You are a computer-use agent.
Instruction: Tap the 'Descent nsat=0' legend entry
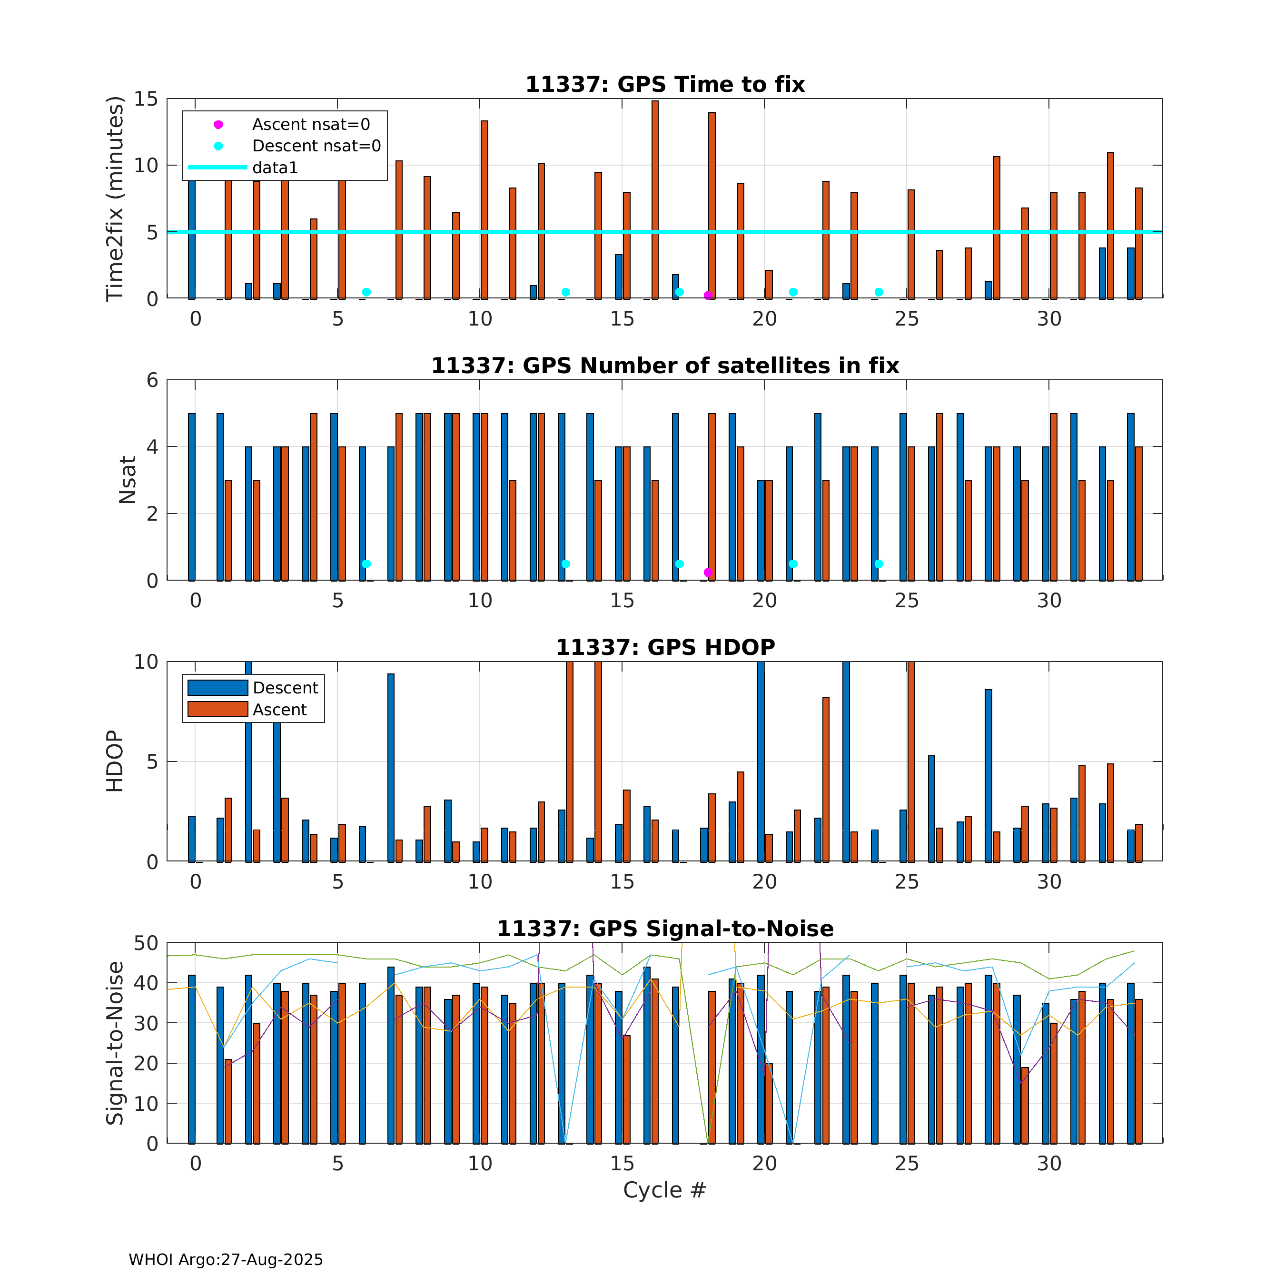[x=316, y=146]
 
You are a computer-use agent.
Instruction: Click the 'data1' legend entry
[x=275, y=168]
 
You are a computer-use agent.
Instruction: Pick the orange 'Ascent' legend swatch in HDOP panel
[x=217, y=710]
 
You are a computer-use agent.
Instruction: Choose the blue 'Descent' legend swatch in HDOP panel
[x=217, y=688]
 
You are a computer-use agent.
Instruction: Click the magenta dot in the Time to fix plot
[x=708, y=295]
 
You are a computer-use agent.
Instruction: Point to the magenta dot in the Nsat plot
[x=708, y=573]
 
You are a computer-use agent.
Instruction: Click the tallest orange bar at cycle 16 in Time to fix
[x=655, y=199]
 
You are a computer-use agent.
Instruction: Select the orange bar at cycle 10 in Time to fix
[x=484, y=209]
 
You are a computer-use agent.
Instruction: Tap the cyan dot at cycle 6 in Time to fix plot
[x=366, y=292]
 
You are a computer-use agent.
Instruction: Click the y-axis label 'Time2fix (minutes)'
[x=115, y=199]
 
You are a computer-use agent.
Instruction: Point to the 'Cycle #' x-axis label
[x=664, y=1190]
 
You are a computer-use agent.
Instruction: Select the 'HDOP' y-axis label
[x=115, y=761]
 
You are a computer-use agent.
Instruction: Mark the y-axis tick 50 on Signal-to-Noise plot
[x=146, y=943]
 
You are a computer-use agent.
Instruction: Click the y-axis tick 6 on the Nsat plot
[x=153, y=380]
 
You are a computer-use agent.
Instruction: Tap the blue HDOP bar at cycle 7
[x=391, y=768]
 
